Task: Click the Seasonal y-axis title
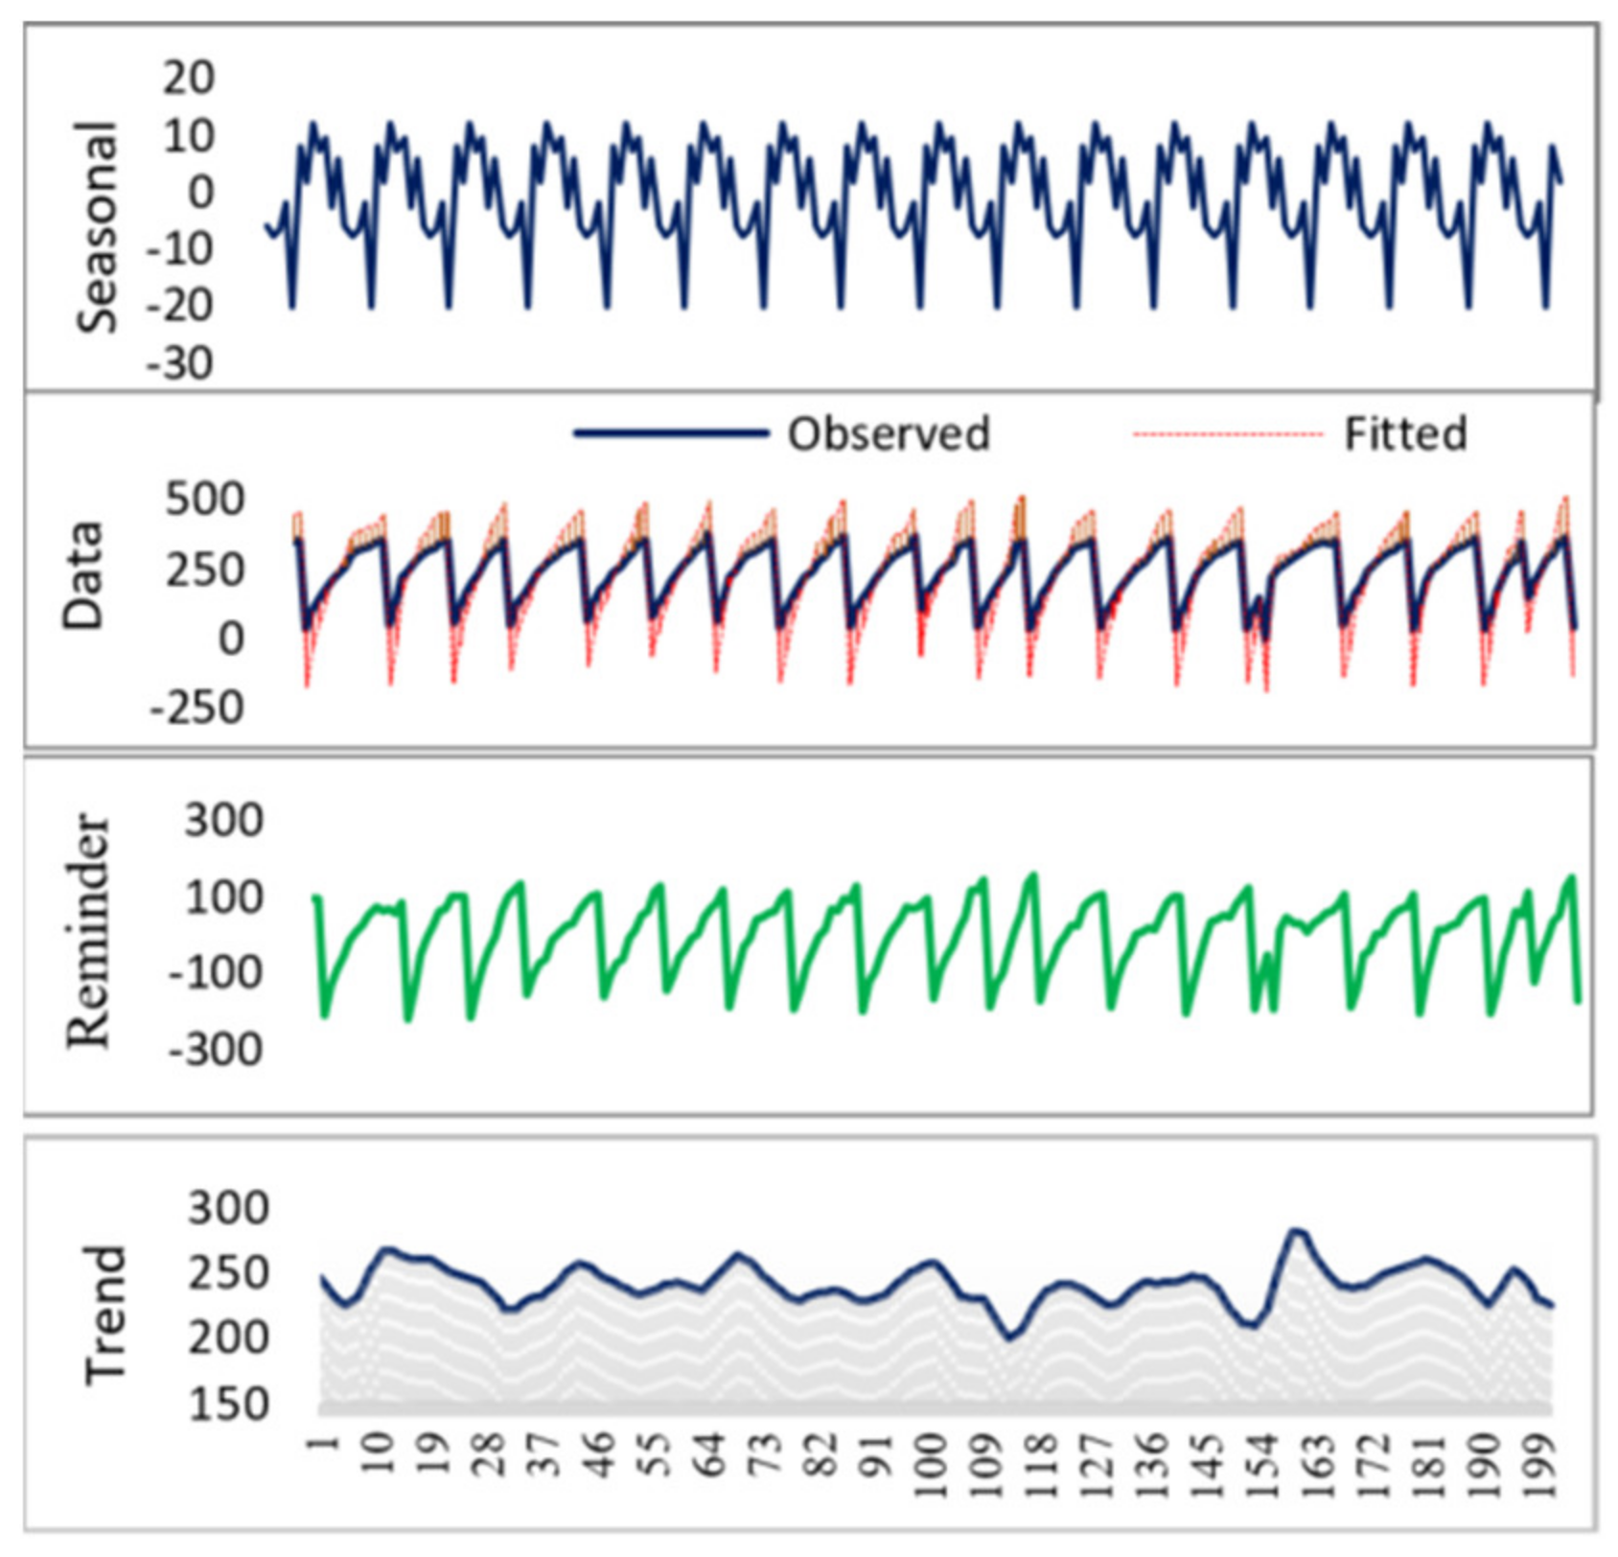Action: (97, 226)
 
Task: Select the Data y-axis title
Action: (83, 575)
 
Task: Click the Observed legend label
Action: (889, 434)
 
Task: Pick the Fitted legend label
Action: (1405, 434)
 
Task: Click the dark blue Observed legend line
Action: (671, 434)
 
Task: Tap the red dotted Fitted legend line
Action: (1227, 434)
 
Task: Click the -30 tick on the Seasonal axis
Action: (179, 364)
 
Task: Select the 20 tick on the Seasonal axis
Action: (188, 78)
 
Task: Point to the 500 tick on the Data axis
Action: (204, 500)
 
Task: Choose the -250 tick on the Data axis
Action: (196, 709)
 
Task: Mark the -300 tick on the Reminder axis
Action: (216, 1050)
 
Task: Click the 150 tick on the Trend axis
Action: (229, 1405)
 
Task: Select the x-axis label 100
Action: (931, 1465)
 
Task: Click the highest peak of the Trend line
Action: (1296, 1229)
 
